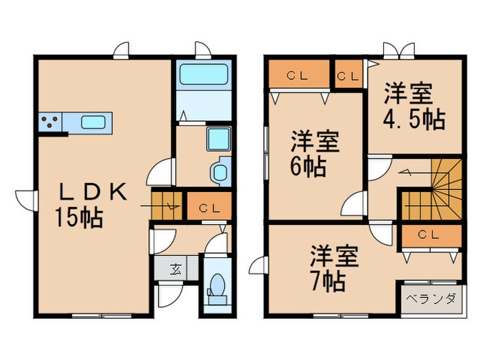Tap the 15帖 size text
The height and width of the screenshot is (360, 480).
pyautogui.click(x=79, y=218)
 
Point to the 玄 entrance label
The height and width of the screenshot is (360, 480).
pyautogui.click(x=176, y=268)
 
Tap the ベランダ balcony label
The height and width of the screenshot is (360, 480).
pyautogui.click(x=431, y=298)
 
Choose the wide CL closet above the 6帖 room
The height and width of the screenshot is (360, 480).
pyautogui.click(x=297, y=75)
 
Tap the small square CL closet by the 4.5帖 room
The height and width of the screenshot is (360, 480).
pyautogui.click(x=348, y=75)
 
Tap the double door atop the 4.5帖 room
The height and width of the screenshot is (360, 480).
pyautogui.click(x=398, y=52)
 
